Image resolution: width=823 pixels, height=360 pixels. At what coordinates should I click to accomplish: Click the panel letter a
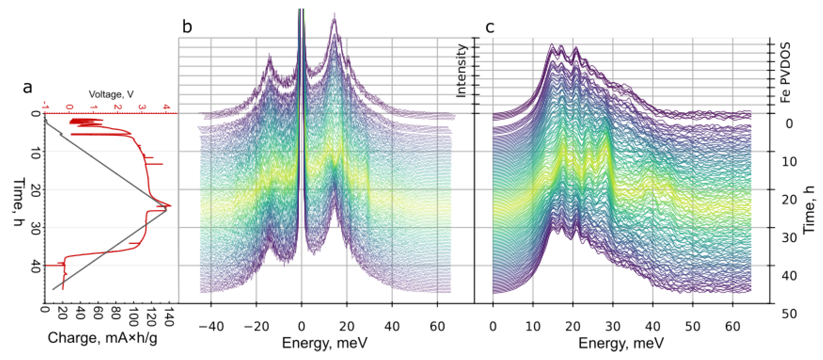pos(28,87)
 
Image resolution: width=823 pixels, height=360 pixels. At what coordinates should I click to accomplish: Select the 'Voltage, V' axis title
pos(111,94)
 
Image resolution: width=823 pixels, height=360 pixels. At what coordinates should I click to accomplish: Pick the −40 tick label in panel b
pos(211,326)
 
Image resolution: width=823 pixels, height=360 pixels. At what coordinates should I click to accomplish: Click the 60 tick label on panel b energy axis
pos(437,326)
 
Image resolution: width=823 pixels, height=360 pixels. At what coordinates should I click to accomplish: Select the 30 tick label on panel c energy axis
pos(613,326)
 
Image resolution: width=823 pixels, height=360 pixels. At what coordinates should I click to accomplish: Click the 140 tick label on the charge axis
pos(169,317)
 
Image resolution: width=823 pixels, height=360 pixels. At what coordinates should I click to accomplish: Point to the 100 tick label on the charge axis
pos(133,317)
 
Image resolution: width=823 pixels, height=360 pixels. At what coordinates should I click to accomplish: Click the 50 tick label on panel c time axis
pos(789,314)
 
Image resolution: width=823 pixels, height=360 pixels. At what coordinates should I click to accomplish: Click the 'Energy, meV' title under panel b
pos(324,343)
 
